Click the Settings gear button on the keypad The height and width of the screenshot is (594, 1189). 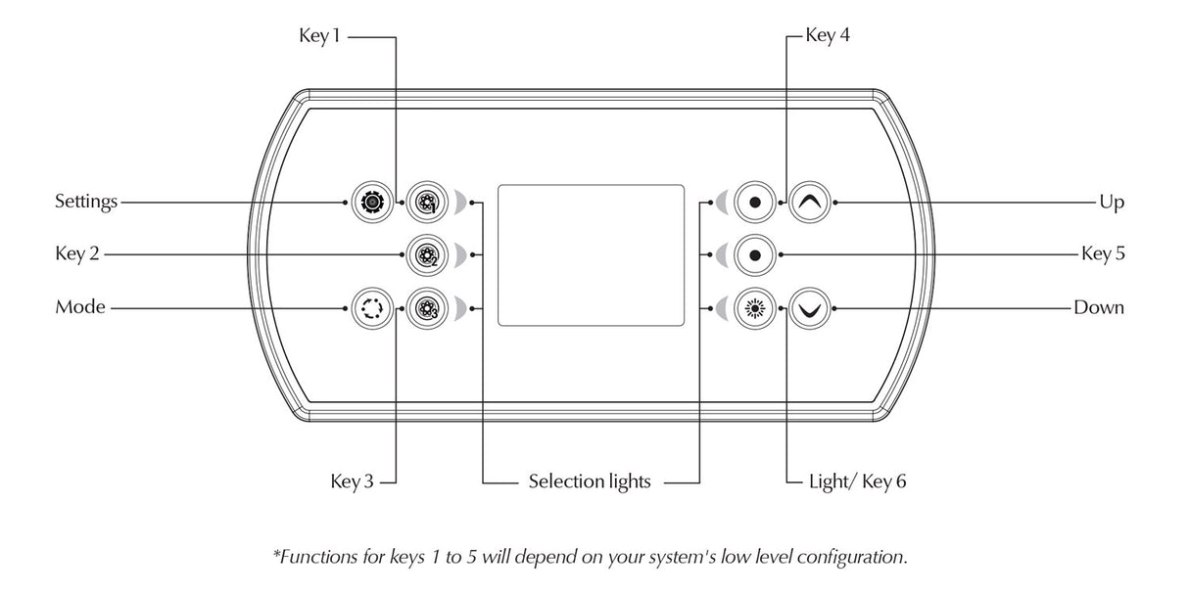click(x=371, y=203)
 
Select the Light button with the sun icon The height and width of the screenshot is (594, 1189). click(x=754, y=308)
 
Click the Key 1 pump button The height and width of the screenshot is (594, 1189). click(x=426, y=203)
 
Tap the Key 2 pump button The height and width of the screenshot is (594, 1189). click(x=426, y=254)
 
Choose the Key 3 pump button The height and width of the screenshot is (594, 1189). click(x=426, y=308)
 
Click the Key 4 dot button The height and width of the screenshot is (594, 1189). click(x=754, y=203)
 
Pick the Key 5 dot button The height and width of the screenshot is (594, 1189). click(x=754, y=254)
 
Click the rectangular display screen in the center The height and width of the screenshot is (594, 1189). click(x=591, y=254)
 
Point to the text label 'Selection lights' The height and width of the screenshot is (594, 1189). click(x=590, y=481)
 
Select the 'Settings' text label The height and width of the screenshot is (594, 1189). click(x=86, y=203)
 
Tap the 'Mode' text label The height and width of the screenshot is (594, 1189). click(x=80, y=308)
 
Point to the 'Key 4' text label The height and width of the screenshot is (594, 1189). click(x=828, y=37)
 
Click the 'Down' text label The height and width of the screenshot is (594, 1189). click(x=1099, y=308)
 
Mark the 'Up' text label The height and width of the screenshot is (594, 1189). click(x=1112, y=203)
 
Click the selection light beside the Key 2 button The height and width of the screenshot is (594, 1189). click(x=460, y=254)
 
